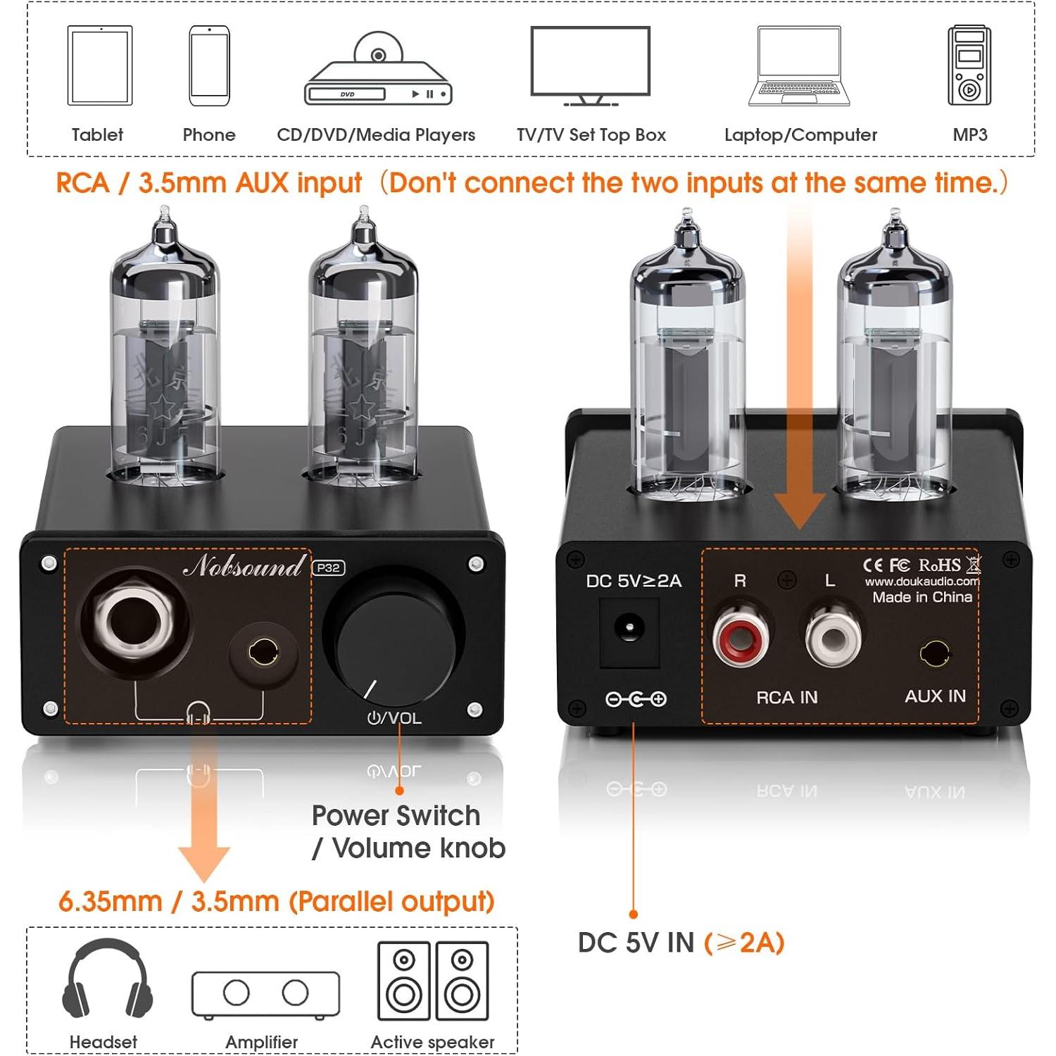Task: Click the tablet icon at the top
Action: click(x=100, y=65)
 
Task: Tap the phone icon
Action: click(x=209, y=65)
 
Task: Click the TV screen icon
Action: click(x=590, y=63)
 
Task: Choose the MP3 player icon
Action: click(x=969, y=65)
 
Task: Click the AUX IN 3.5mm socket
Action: click(x=934, y=653)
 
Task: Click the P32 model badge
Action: click(x=328, y=568)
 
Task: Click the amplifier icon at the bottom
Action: click(x=265, y=994)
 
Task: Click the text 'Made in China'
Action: click(x=922, y=598)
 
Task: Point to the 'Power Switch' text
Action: click(x=396, y=816)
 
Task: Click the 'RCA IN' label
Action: click(x=786, y=698)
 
